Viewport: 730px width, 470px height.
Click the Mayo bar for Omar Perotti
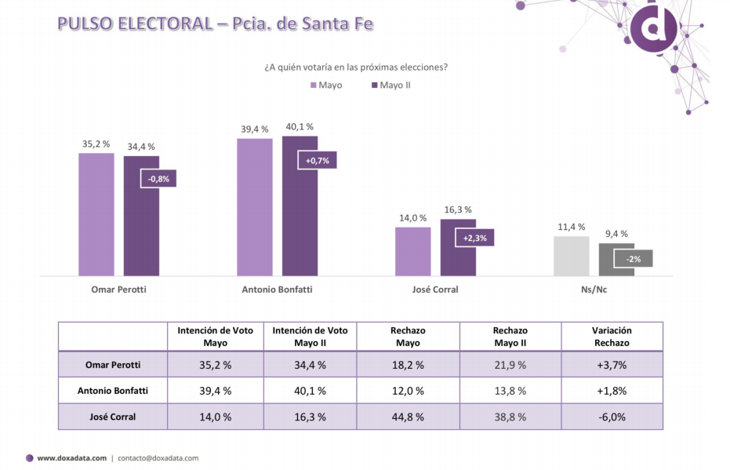coord(96,214)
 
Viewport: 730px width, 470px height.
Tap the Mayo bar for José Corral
coord(412,251)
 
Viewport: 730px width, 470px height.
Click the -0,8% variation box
coord(158,179)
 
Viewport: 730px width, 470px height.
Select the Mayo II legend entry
coord(390,85)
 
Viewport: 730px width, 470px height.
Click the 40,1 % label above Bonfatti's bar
coord(300,126)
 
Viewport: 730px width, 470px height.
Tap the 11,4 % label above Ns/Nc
coord(571,227)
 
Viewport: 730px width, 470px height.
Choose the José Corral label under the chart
coord(435,289)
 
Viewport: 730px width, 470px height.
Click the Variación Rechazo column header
coord(612,337)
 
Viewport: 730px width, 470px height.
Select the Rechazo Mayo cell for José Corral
coord(408,417)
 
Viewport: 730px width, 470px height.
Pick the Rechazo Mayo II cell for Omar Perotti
coord(510,364)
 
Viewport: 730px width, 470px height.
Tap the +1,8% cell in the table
coord(612,390)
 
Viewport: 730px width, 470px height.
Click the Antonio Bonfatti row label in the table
coord(113,390)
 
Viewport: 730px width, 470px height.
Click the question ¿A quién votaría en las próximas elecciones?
coord(356,67)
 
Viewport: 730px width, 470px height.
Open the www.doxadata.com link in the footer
coord(71,458)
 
